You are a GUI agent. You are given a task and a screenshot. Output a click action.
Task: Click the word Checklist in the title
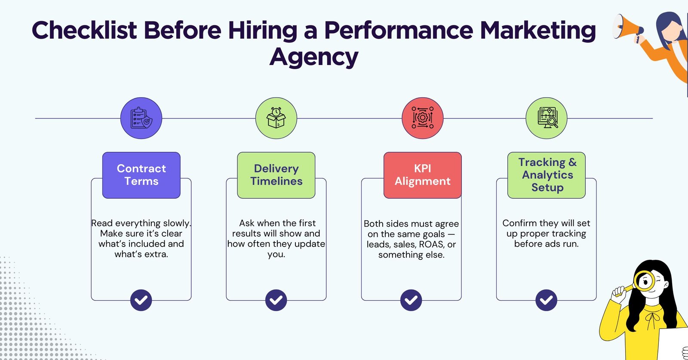[x=84, y=31]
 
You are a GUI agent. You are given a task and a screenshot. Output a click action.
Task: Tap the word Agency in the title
[x=314, y=57]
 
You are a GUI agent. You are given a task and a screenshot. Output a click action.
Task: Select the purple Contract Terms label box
[x=141, y=175]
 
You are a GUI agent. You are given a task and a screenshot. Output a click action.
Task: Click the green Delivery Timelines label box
[x=276, y=175]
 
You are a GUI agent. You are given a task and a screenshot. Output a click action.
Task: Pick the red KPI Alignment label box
[x=422, y=175]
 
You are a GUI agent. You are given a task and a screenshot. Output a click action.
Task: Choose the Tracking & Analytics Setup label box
[x=546, y=175]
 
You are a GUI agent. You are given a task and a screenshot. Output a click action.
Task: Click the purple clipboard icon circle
[x=141, y=118]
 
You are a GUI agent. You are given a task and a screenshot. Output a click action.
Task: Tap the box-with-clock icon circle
[x=276, y=118]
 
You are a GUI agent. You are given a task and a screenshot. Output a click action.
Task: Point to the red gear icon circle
[x=422, y=118]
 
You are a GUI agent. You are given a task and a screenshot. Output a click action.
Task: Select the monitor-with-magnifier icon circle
[x=547, y=118]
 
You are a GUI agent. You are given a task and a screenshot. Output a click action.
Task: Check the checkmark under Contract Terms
[x=141, y=300]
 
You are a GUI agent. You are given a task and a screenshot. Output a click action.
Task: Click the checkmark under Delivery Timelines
[x=276, y=300]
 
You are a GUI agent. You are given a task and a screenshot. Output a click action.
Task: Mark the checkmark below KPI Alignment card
[x=411, y=300]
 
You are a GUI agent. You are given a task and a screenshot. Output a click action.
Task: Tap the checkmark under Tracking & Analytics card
[x=546, y=300]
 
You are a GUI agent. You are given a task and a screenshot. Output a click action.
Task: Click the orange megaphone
[x=627, y=27]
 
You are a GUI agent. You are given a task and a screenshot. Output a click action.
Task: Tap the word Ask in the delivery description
[x=247, y=223]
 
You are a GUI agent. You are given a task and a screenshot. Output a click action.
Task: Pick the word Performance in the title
[x=398, y=31]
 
